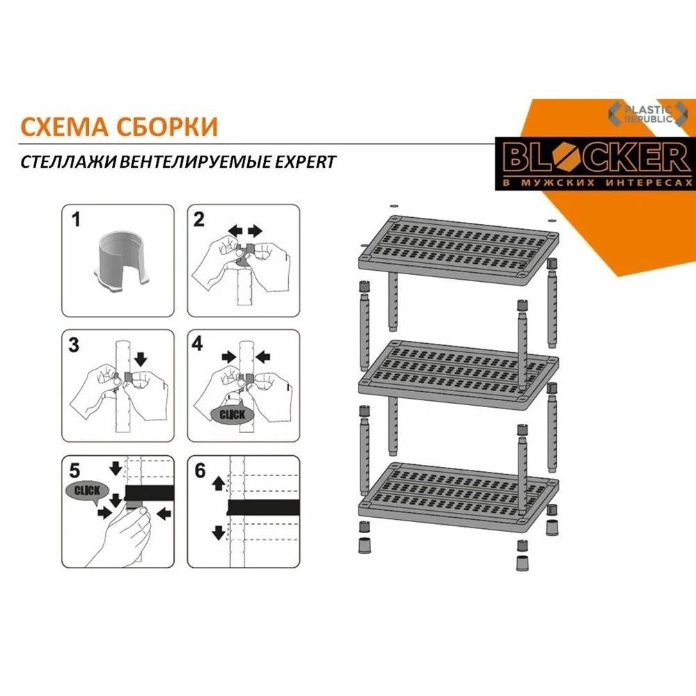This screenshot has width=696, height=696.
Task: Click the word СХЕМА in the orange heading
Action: (x=64, y=127)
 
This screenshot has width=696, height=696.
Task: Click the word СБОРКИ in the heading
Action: (x=167, y=127)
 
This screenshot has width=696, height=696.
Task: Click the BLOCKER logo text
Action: (x=595, y=157)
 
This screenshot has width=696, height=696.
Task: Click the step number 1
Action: (x=77, y=220)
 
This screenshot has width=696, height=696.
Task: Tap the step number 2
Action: (x=199, y=220)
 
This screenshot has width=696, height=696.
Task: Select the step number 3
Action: (x=74, y=345)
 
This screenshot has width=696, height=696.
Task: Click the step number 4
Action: (x=198, y=344)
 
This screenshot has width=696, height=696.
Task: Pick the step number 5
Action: (x=74, y=470)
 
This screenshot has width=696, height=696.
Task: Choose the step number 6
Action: (x=200, y=470)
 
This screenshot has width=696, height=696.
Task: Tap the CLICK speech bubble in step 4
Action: (x=232, y=415)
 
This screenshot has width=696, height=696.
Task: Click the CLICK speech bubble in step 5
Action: (x=87, y=492)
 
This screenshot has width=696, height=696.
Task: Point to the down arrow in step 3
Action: (x=141, y=358)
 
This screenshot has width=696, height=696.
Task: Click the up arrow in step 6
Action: (x=219, y=483)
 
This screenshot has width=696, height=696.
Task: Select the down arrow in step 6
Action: (x=219, y=532)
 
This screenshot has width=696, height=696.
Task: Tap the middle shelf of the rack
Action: (x=458, y=373)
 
